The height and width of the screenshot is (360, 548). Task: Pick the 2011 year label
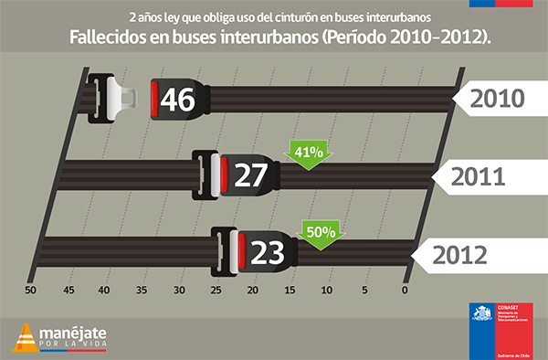(479, 175)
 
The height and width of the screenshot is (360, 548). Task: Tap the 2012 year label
(458, 253)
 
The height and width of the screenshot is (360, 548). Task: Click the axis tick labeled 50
(30, 291)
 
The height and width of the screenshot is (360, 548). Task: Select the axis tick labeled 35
(142, 291)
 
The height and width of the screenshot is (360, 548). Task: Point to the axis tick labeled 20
(253, 291)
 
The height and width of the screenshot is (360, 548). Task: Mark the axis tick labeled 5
(364, 291)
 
